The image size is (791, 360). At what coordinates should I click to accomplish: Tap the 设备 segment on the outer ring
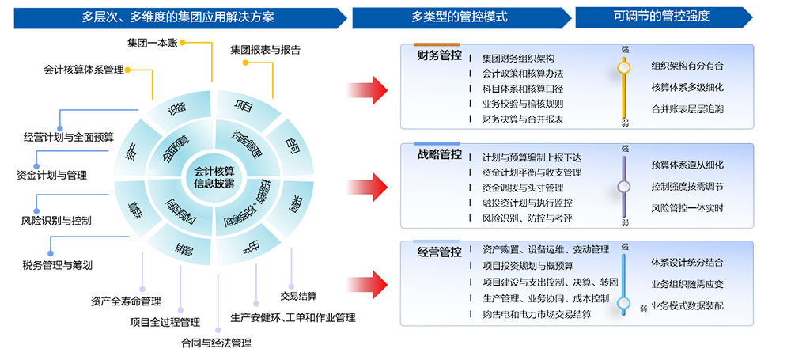177,111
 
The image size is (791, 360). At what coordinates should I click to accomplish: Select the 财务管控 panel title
440,56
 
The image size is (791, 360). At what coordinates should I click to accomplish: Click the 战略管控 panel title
440,155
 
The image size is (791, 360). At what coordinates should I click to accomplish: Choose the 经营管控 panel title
440,252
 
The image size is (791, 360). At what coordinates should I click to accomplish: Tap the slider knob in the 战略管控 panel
624,187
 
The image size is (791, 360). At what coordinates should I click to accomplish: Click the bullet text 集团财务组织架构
518,59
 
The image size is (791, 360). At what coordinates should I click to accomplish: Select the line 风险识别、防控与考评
526,218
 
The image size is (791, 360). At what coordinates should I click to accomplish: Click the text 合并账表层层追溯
687,108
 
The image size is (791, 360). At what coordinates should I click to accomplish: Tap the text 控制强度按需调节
687,187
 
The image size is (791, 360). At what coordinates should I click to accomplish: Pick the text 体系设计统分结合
687,262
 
